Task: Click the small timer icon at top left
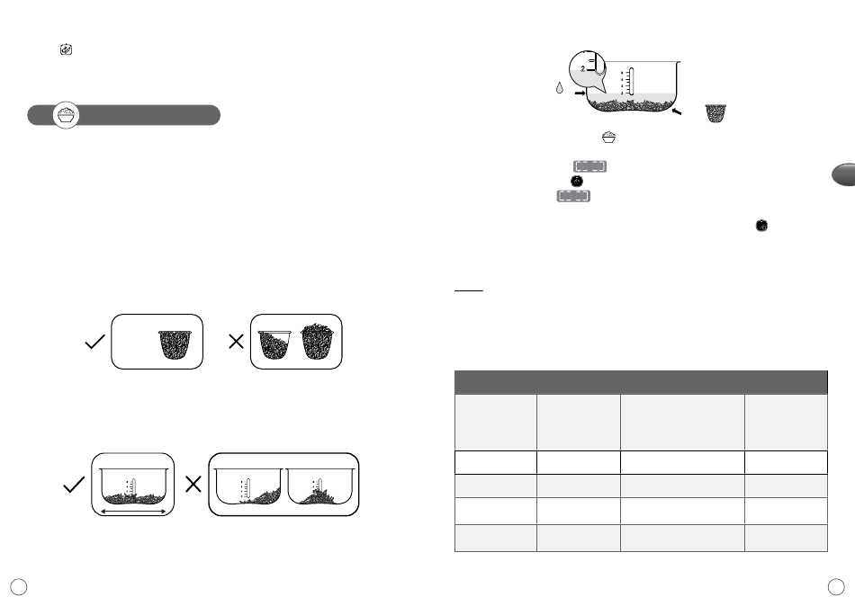[x=66, y=49]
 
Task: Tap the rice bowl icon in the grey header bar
[x=66, y=115]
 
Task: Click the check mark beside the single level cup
[x=94, y=343]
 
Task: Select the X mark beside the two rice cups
[x=236, y=342]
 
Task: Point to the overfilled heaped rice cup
[x=317, y=341]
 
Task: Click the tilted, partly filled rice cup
[x=274, y=344]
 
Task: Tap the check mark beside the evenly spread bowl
[x=74, y=485]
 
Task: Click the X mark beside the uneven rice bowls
[x=193, y=484]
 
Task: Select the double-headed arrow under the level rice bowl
[x=133, y=512]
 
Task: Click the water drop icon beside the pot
[x=560, y=88]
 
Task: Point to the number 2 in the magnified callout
[x=583, y=69]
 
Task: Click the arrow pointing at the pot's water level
[x=580, y=94]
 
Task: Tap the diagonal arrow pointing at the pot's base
[x=677, y=111]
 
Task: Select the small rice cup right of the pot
[x=716, y=113]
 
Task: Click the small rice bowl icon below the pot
[x=608, y=138]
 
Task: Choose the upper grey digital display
[x=590, y=166]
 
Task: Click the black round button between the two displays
[x=576, y=181]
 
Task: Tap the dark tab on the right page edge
[x=843, y=174]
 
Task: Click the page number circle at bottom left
[x=19, y=587]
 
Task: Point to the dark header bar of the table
[x=641, y=382]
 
